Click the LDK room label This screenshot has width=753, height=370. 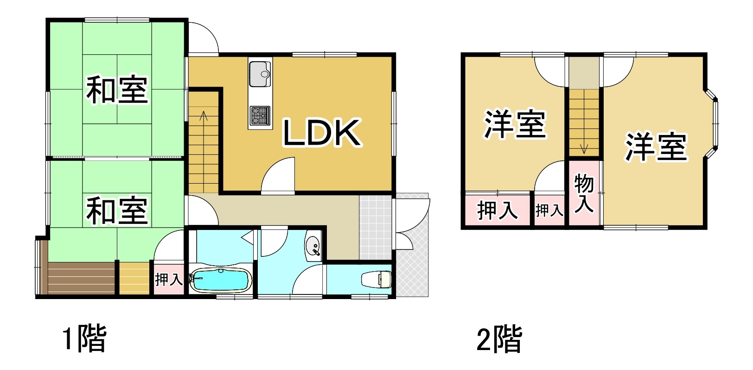point(322,133)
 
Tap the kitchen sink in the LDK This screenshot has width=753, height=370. point(260,74)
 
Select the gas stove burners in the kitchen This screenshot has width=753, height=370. point(260,115)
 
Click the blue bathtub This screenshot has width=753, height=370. point(221,280)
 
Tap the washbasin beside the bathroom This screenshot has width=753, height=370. point(313,247)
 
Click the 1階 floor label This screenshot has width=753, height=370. point(84,338)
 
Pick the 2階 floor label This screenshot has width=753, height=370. point(499,339)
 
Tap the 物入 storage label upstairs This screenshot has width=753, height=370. point(584,193)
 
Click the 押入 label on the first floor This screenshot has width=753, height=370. point(169,279)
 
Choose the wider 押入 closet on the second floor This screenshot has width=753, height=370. point(497,210)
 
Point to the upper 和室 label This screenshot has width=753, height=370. point(117,89)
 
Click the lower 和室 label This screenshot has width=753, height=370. point(117,211)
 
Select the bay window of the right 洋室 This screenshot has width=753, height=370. point(711,123)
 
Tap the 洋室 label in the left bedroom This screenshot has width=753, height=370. point(515,124)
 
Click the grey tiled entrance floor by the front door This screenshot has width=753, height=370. point(376,228)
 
